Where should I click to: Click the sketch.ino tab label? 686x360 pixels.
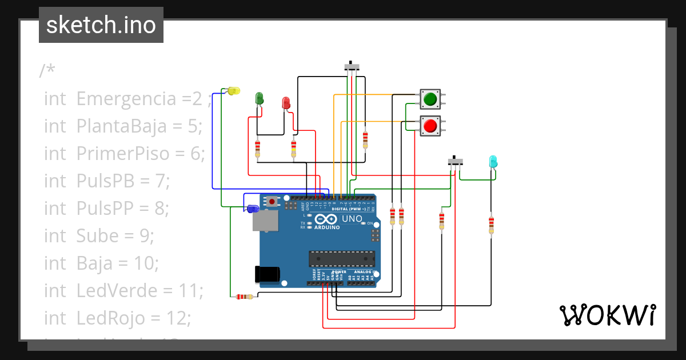[x=101, y=25]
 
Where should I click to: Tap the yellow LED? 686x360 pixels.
[x=233, y=91]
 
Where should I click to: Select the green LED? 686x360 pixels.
[x=259, y=98]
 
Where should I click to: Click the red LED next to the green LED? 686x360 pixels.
[x=286, y=103]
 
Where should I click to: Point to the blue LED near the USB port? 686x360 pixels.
[x=252, y=209]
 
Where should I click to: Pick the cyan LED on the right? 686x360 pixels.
[x=493, y=162]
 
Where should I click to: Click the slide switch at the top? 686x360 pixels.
[x=352, y=66]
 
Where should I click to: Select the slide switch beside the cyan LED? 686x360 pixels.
[x=455, y=162]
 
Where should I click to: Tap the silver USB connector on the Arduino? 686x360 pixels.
[x=265, y=221]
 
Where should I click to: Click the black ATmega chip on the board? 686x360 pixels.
[x=342, y=259]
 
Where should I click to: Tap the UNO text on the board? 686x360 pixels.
[x=352, y=219]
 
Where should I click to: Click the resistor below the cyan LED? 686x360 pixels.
[x=491, y=223]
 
